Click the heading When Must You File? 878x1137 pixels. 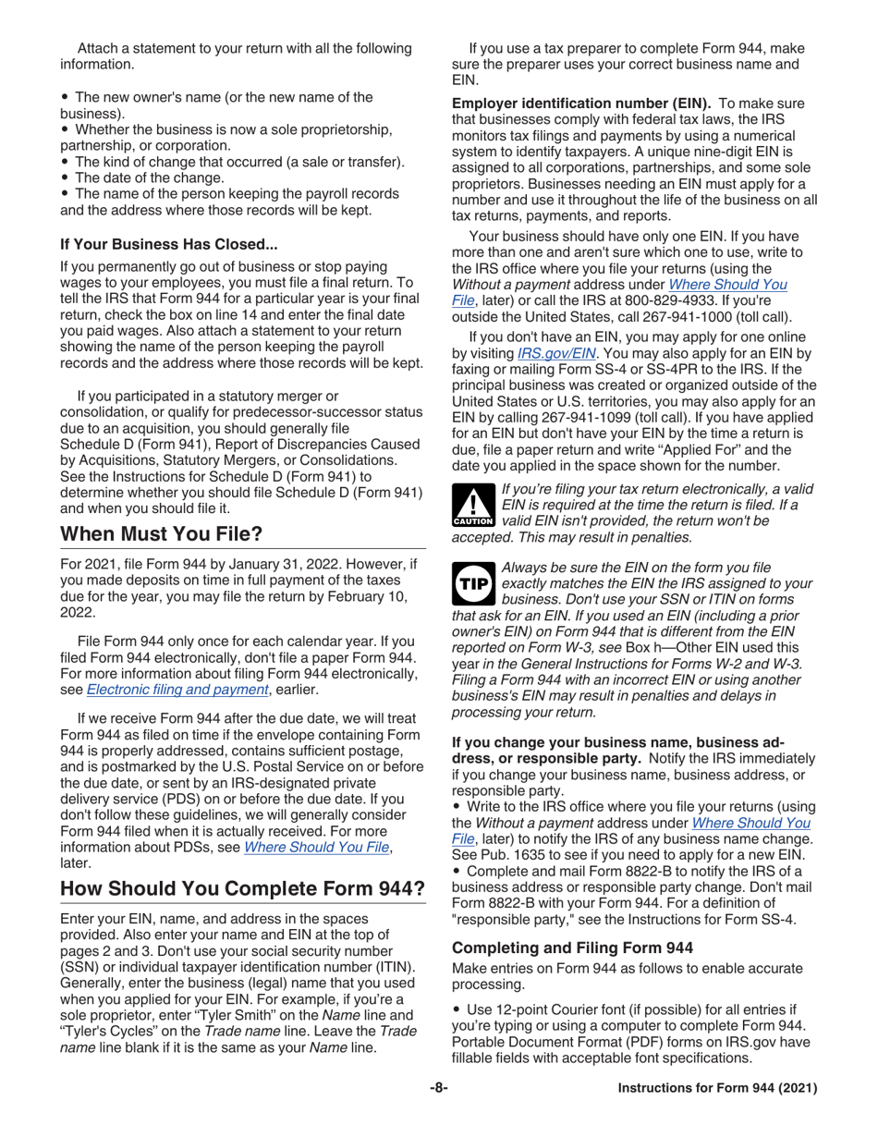pos(161,534)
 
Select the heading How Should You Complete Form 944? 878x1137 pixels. pos(242,888)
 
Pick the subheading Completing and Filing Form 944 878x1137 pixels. pos(565,947)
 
